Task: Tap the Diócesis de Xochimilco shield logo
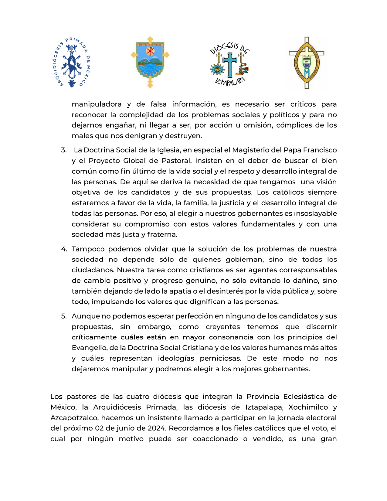[x=150, y=62]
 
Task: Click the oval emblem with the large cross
[x=307, y=63]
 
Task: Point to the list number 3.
[x=63, y=150]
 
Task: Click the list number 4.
[x=64, y=249]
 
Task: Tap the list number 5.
[x=64, y=316]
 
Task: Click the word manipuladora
[x=97, y=104]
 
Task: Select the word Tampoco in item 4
[x=88, y=249]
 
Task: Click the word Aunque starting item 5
[x=86, y=316]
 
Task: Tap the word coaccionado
[x=215, y=439]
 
